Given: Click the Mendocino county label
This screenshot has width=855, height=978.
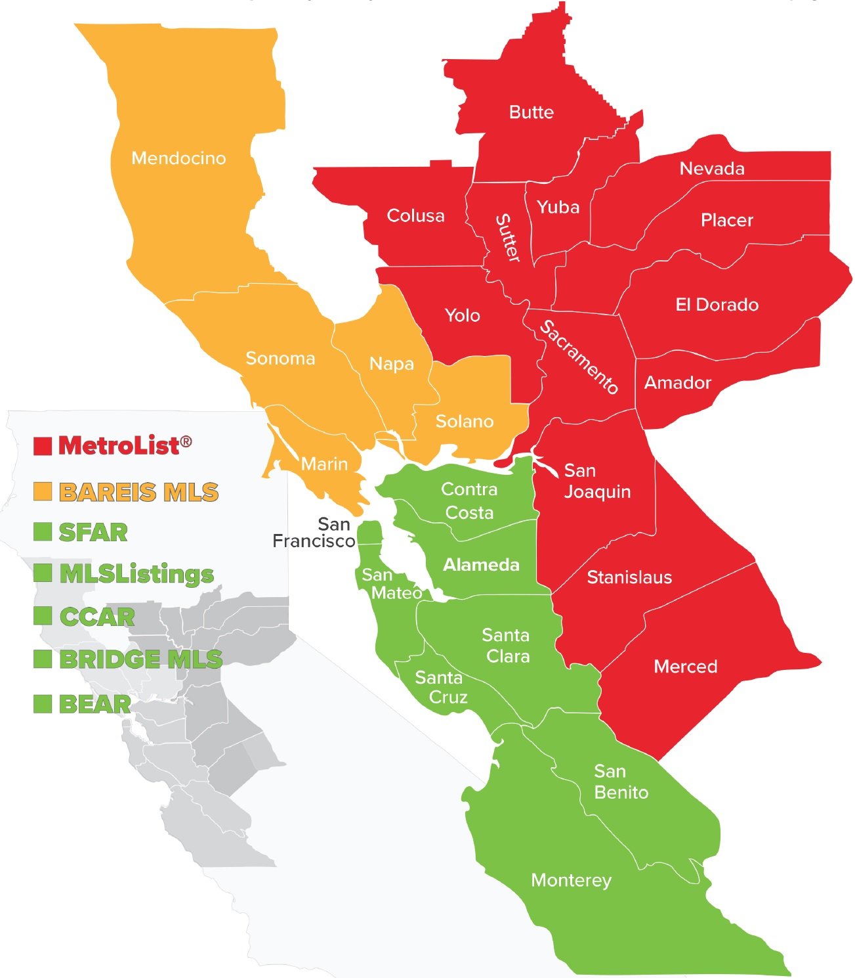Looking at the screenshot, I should (x=178, y=158).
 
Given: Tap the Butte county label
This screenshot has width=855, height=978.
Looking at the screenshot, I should (x=531, y=112).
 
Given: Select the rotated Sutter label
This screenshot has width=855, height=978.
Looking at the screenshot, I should (x=507, y=238).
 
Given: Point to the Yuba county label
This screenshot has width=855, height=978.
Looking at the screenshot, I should (x=558, y=208).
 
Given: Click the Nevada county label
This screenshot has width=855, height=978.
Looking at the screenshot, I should (x=711, y=169).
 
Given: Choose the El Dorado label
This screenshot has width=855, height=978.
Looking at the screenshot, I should (x=717, y=305).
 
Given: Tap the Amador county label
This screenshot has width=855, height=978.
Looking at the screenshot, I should (x=677, y=383).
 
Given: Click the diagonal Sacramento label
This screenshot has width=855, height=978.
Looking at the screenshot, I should (x=579, y=357).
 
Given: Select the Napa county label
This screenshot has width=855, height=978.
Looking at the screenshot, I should (x=391, y=364).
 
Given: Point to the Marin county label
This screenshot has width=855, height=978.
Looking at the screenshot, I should (x=324, y=464).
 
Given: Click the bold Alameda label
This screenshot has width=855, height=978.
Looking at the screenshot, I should (x=481, y=565).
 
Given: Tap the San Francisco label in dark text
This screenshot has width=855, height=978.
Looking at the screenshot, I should (x=314, y=533).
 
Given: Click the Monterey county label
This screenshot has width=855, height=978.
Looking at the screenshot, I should (x=571, y=880).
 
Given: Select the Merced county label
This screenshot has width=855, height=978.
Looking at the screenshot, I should (x=685, y=667).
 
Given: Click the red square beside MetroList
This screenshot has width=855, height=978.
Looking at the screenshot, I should (x=43, y=446).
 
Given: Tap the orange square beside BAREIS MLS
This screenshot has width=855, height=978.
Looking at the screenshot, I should (x=43, y=491).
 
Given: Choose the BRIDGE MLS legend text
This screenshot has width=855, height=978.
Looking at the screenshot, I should (x=140, y=659).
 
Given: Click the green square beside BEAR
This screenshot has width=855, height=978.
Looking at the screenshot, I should (x=43, y=703).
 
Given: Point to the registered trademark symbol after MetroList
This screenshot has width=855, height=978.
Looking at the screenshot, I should (x=186, y=441).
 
